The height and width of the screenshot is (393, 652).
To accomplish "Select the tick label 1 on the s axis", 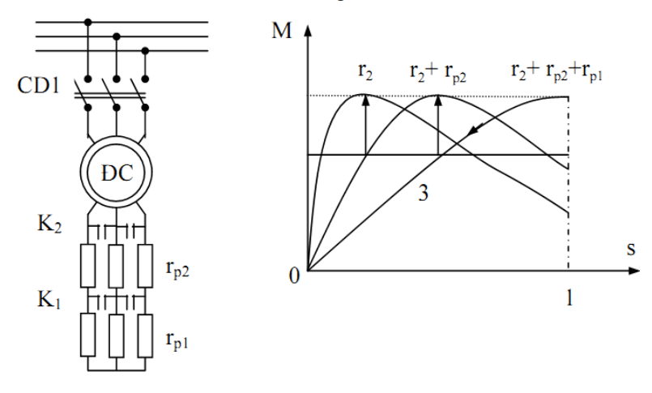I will (569, 299).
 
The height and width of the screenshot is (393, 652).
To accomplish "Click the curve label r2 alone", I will (367, 70).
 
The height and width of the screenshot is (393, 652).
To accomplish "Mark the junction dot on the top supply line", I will (88, 22).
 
